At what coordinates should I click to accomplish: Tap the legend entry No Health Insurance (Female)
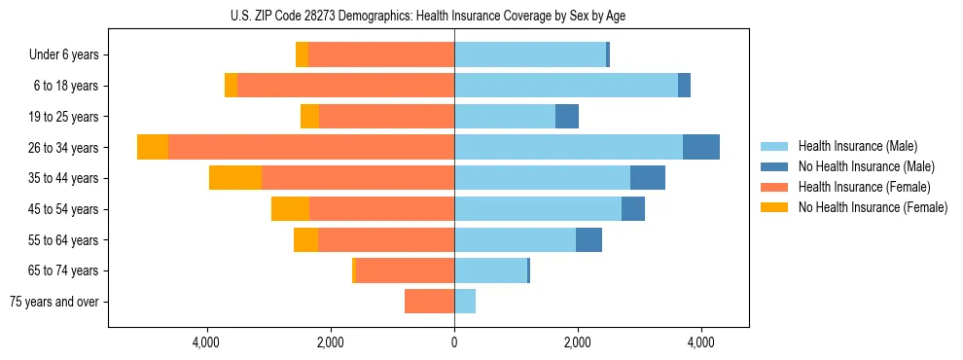pyautogui.click(x=872, y=207)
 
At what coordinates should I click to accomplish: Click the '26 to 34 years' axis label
pyautogui.click(x=62, y=148)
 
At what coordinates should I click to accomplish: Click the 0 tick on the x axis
pyautogui.click(x=454, y=342)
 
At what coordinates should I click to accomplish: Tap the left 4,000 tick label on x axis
pyautogui.click(x=207, y=342)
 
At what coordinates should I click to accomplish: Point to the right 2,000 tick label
pyautogui.click(x=578, y=342)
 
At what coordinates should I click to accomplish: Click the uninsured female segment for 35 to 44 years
pyautogui.click(x=235, y=178)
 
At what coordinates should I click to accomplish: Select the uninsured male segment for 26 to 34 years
pyautogui.click(x=701, y=147)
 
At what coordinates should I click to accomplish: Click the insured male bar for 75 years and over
pyautogui.click(x=465, y=302)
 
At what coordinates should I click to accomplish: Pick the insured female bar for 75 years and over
pyautogui.click(x=429, y=302)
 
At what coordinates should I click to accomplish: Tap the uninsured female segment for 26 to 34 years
pyautogui.click(x=153, y=147)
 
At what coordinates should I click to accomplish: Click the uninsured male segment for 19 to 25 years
pyautogui.click(x=567, y=117)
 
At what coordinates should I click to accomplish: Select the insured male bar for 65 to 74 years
pyautogui.click(x=490, y=270)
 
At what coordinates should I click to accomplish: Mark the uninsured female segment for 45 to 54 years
pyautogui.click(x=290, y=209)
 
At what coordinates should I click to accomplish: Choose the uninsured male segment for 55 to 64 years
pyautogui.click(x=588, y=239)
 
